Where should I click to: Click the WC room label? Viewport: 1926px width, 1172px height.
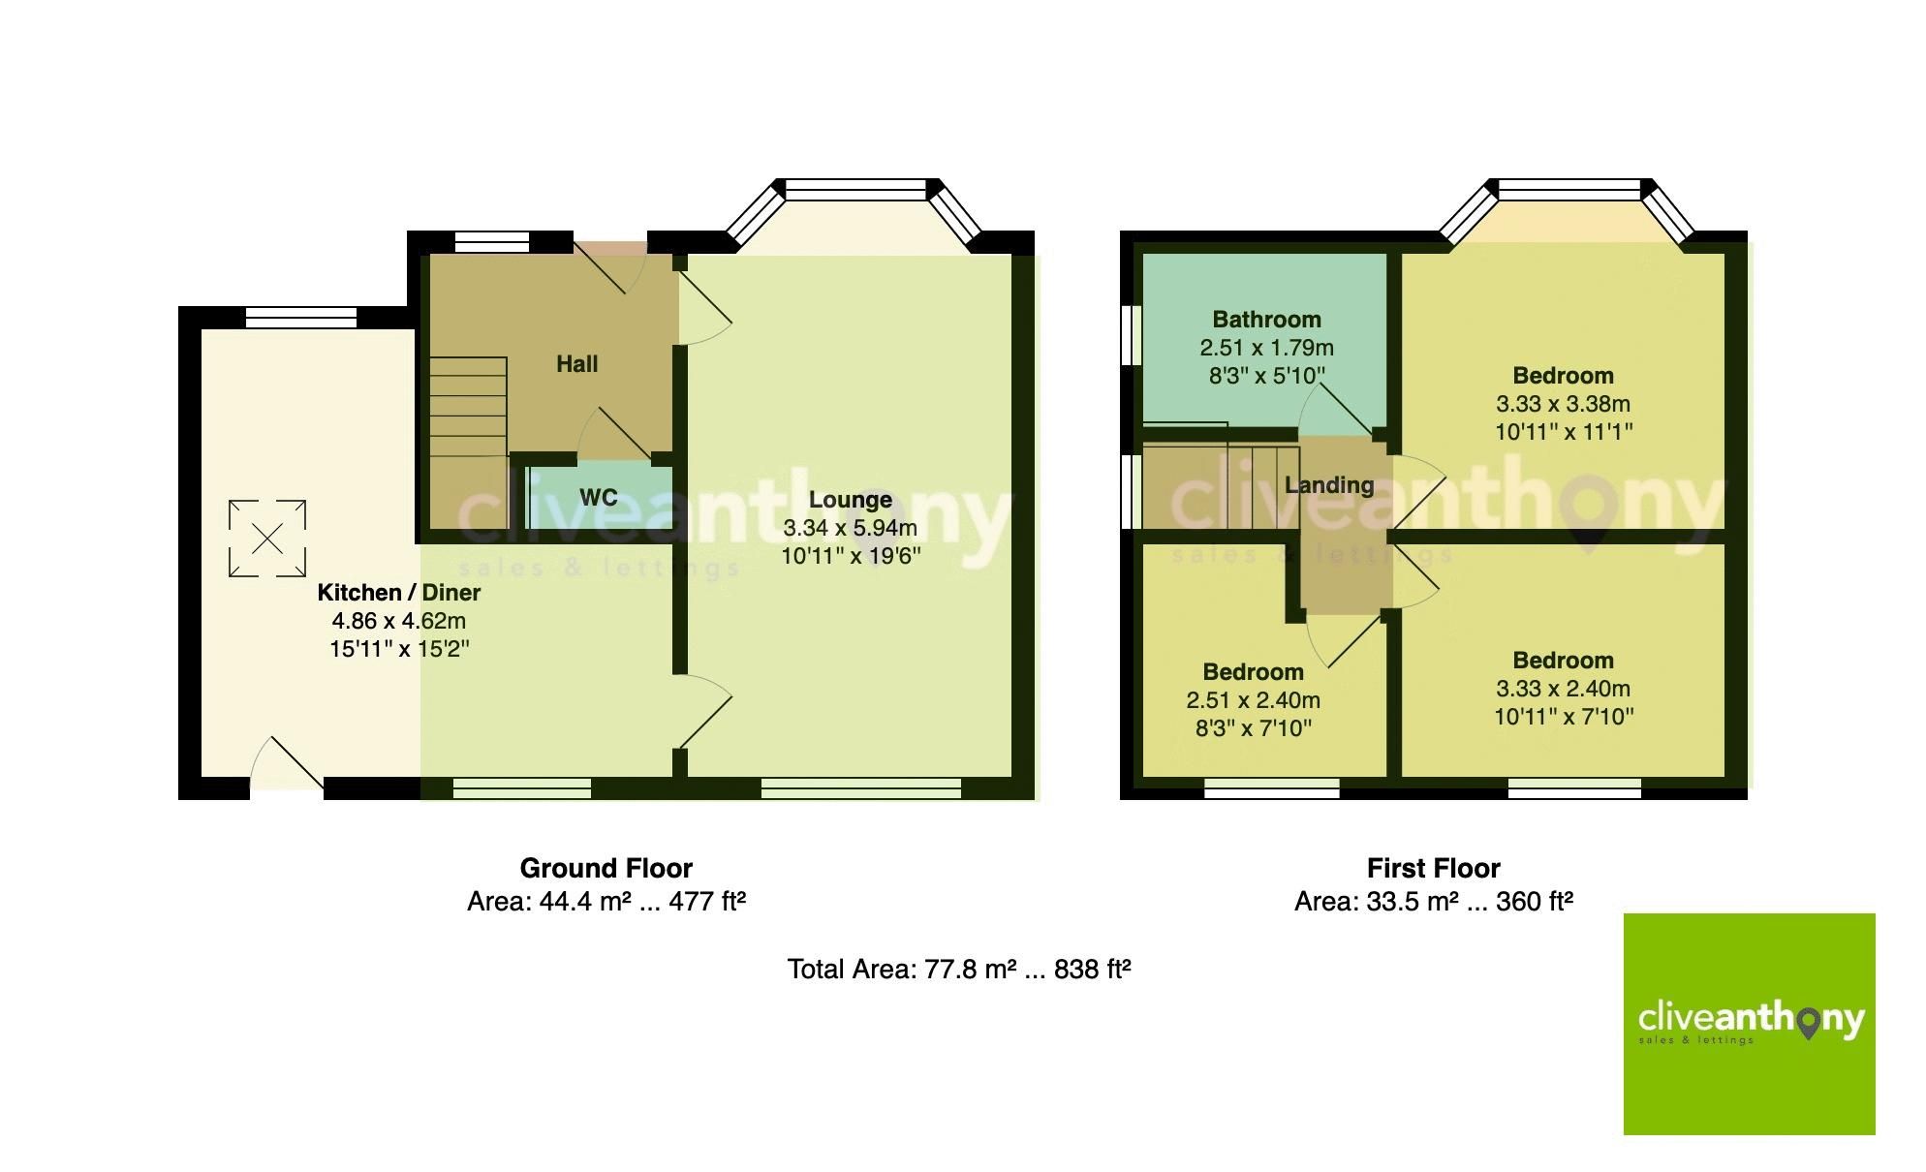pos(598,498)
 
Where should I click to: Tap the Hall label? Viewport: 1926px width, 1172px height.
pos(576,364)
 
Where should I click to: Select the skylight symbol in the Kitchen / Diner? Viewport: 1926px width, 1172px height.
pos(267,539)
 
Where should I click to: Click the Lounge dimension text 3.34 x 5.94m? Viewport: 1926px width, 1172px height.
pos(850,528)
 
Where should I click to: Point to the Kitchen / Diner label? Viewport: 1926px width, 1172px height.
pos(398,593)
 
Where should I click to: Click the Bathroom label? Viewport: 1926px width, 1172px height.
pos(1266,320)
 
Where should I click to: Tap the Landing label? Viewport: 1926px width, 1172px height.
pos(1328,485)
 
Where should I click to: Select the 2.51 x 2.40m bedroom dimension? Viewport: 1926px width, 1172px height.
pos(1253,700)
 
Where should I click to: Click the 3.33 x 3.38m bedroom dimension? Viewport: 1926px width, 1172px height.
pos(1563,404)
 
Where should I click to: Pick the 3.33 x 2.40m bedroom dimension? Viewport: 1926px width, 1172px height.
pos(1563,689)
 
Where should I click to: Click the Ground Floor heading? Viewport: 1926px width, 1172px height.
pos(606,868)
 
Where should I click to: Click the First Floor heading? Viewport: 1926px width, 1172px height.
pos(1433,868)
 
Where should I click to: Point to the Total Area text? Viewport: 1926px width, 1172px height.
pos(959,969)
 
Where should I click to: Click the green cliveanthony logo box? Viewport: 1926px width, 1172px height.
pos(1749,1024)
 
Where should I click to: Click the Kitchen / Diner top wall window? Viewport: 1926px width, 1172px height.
pos(300,317)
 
